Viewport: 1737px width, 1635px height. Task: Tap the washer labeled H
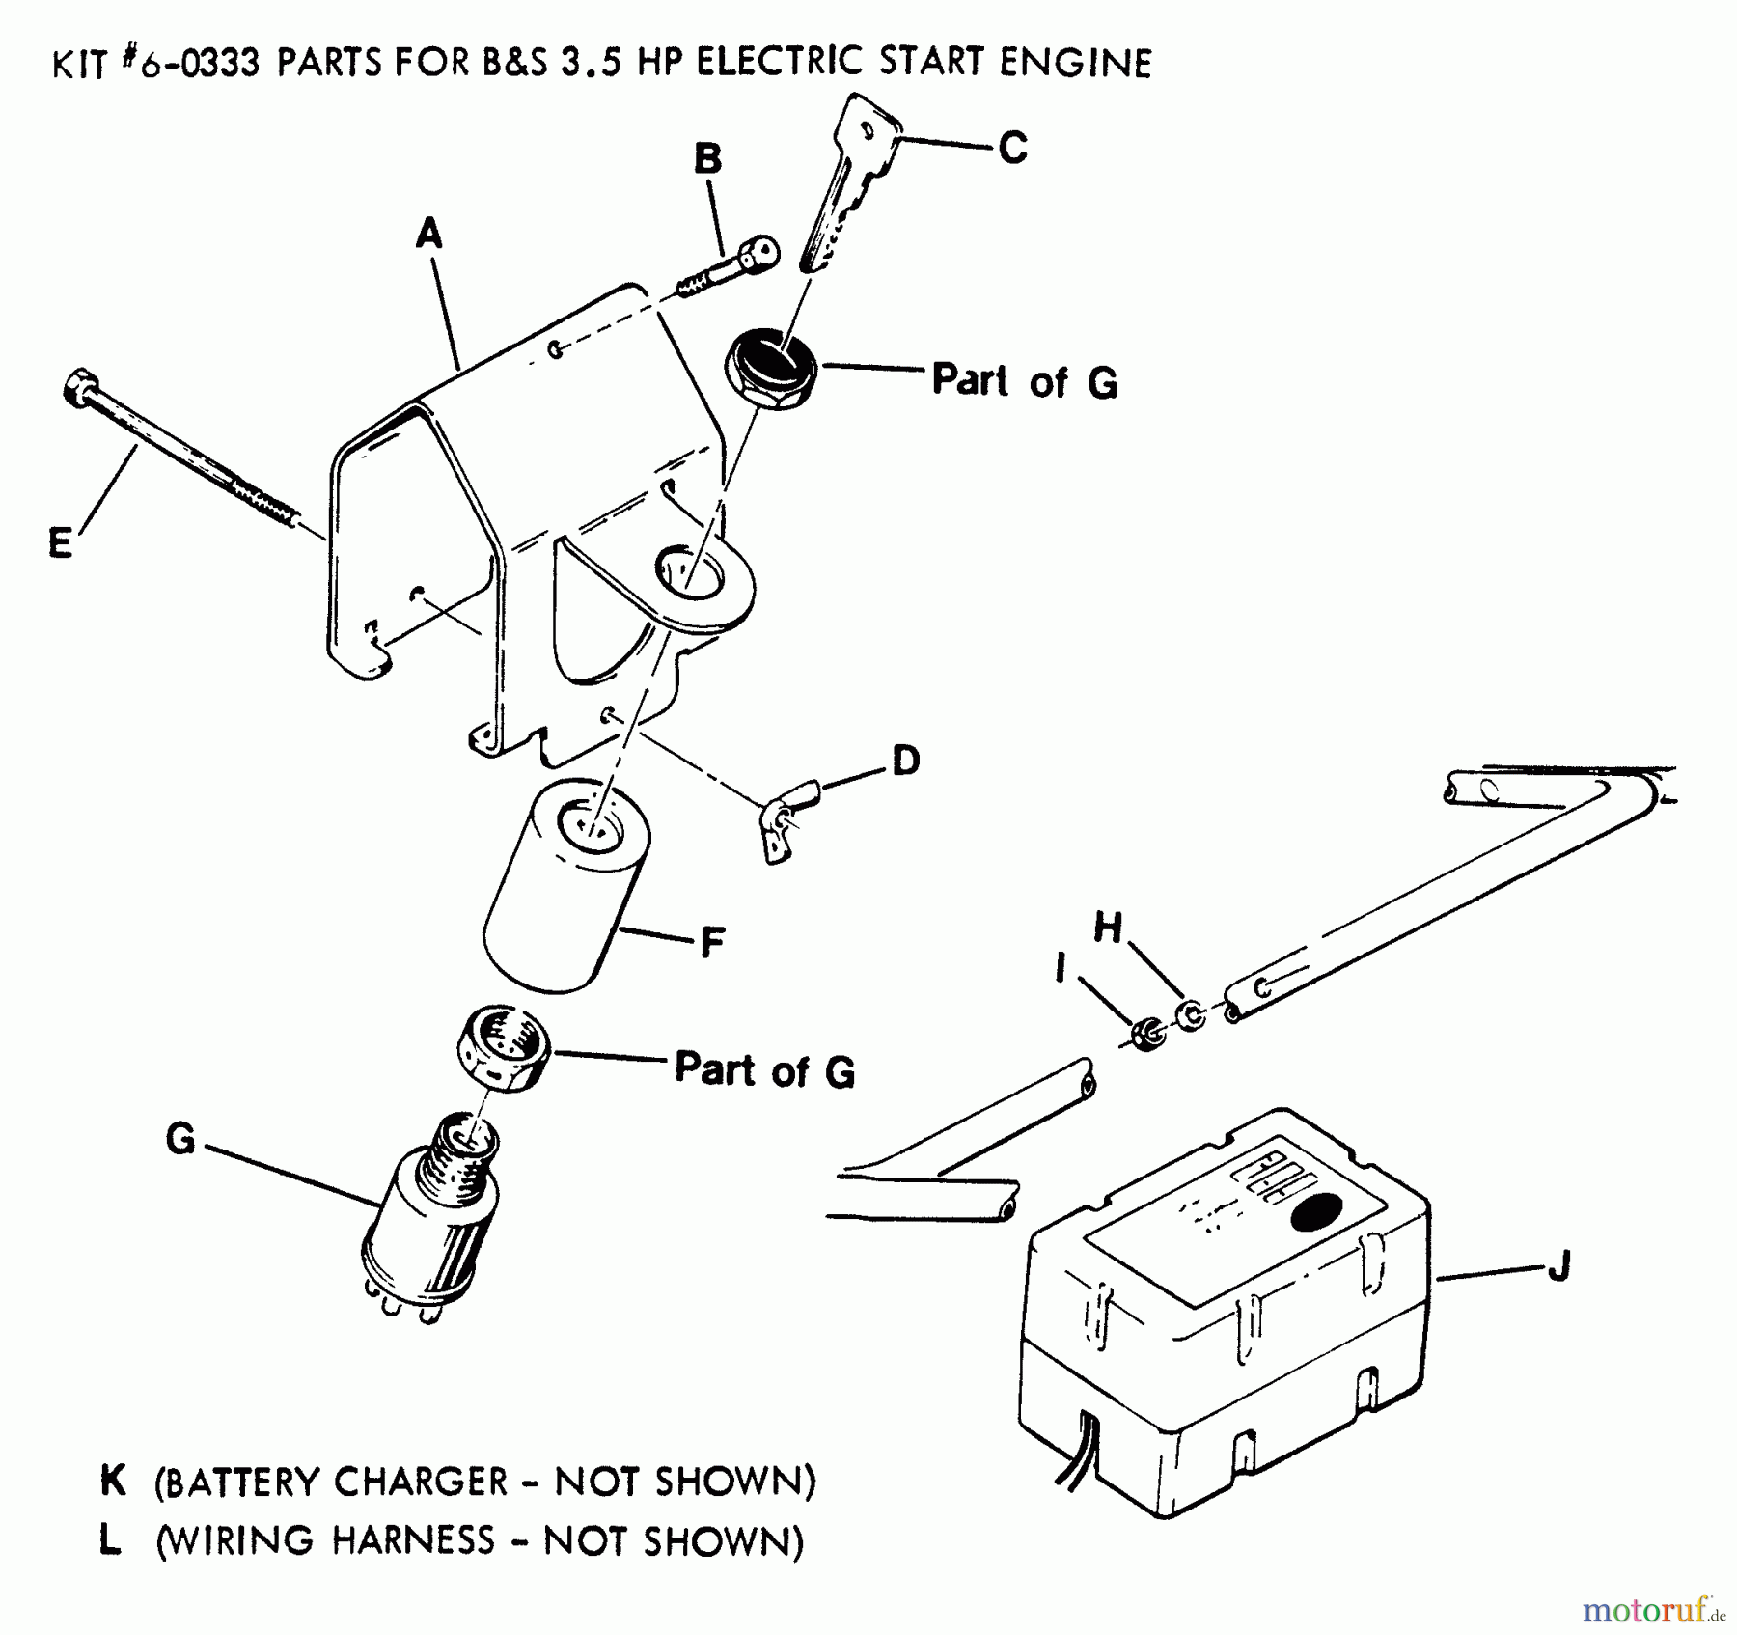[x=1192, y=1014]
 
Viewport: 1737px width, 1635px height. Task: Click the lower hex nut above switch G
[x=503, y=1048]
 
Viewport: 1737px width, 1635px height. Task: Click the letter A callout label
[x=428, y=234]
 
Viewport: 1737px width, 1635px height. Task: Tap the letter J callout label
[x=1558, y=1264]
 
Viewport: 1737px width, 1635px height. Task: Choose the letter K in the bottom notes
[x=112, y=1481]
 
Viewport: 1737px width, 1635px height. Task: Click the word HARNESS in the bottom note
[x=412, y=1540]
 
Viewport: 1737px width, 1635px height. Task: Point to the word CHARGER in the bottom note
[x=419, y=1482]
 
